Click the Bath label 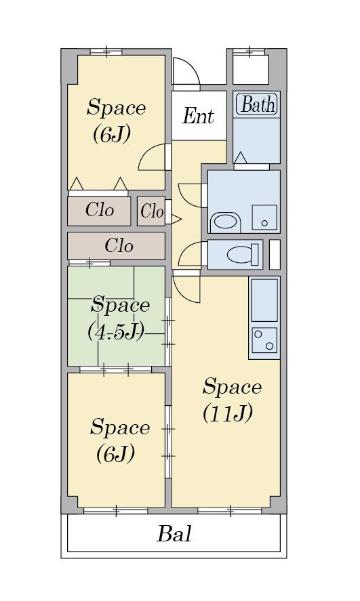tap(258, 104)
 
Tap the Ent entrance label tap(198, 116)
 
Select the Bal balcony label tap(174, 533)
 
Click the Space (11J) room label tap(232, 399)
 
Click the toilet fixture tap(242, 254)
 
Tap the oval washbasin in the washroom tap(226, 222)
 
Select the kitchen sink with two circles tap(264, 339)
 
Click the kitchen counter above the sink tap(264, 300)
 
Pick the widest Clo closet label tap(119, 246)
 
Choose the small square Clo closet tap(151, 211)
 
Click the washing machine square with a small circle tap(264, 217)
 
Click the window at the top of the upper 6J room tap(106, 51)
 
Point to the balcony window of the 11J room tap(230, 510)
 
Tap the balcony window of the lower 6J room tap(116, 510)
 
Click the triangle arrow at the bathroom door tap(241, 157)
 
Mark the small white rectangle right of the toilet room tap(275, 254)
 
